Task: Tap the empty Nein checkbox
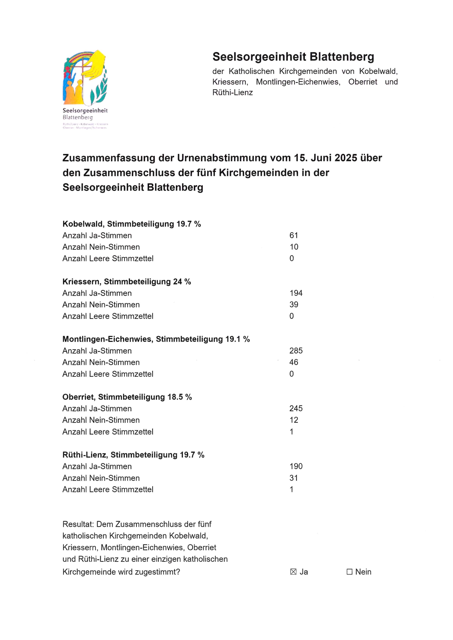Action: coord(349,572)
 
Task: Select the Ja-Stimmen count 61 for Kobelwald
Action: coord(294,236)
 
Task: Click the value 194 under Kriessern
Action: coord(296,293)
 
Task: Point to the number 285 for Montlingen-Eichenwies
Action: coord(296,351)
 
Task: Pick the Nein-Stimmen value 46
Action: coord(294,362)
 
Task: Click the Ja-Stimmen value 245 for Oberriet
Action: coord(296,409)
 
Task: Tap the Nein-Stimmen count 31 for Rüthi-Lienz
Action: coord(294,478)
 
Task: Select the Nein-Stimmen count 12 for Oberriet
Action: coord(294,420)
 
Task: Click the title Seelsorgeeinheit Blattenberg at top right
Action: coord(293,57)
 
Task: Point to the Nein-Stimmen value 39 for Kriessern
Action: coord(294,305)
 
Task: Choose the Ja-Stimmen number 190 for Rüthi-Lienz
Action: coord(296,466)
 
